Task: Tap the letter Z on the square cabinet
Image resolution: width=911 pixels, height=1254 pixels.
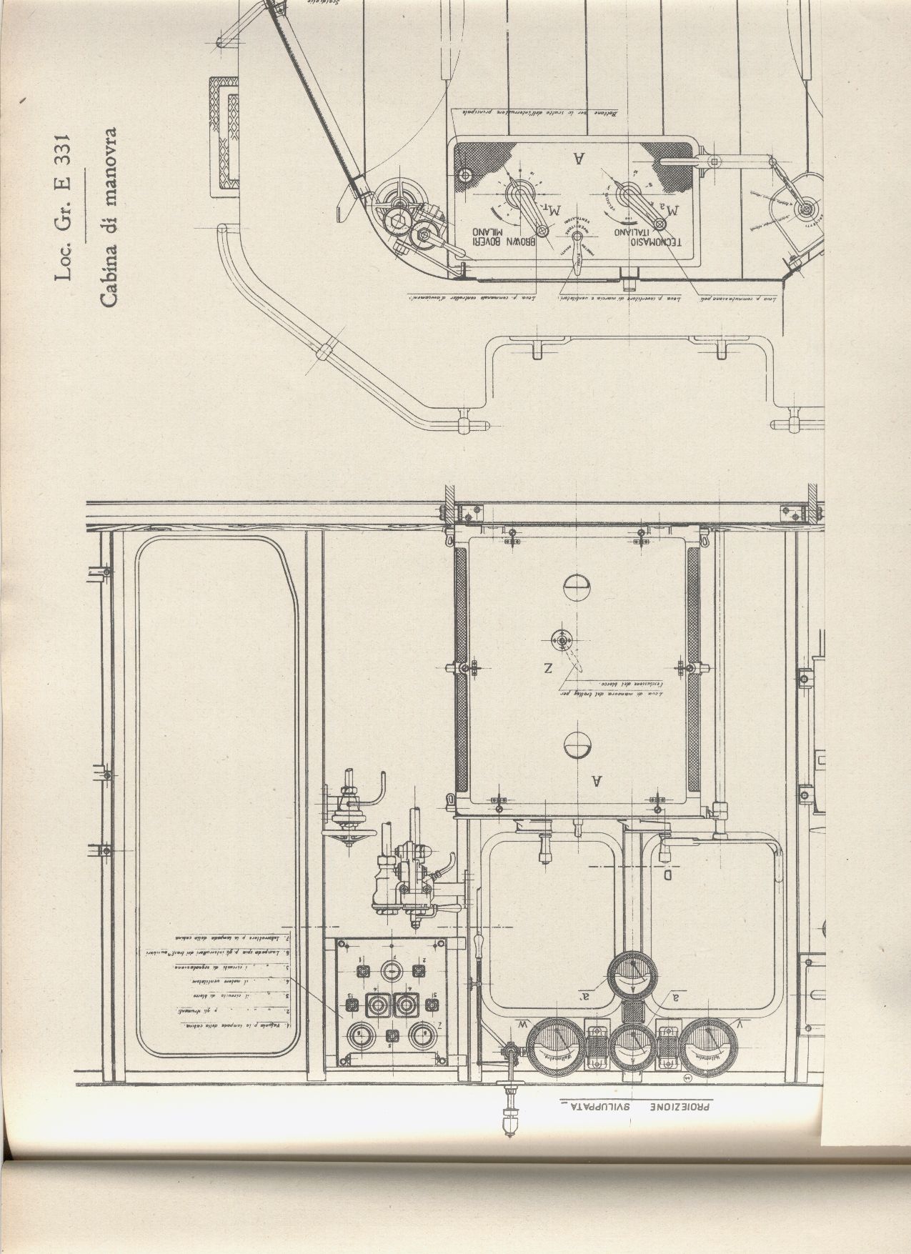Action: (548, 668)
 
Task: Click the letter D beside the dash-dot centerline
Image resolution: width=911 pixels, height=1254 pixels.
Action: (668, 874)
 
